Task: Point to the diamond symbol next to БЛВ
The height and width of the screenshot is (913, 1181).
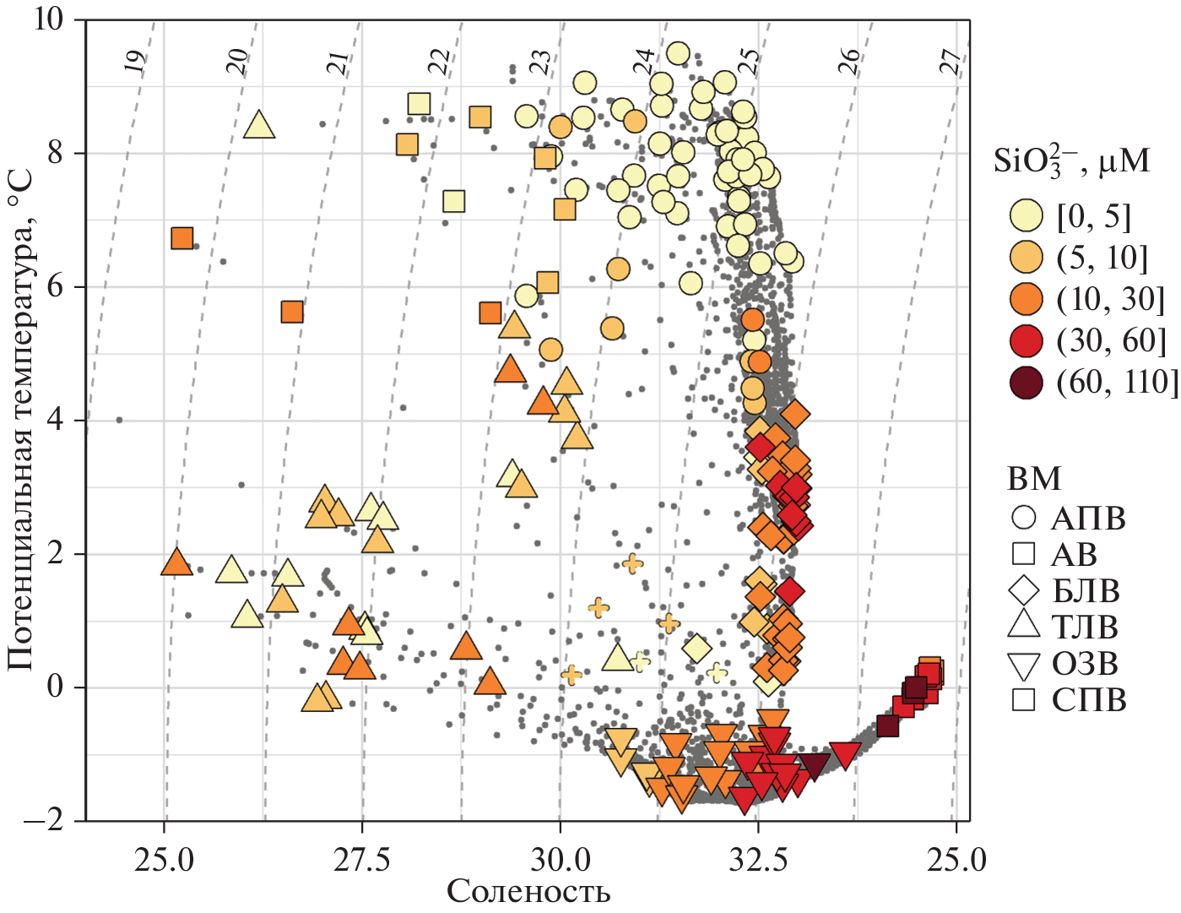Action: [x=1024, y=590]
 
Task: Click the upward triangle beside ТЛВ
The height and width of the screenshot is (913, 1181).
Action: [x=1024, y=626]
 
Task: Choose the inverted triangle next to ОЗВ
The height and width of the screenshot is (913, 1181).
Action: [x=1024, y=665]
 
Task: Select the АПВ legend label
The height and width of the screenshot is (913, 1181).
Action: [x=1088, y=518]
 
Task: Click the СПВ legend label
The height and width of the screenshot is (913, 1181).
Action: [x=1089, y=700]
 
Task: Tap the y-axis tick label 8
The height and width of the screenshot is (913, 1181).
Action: [x=55, y=153]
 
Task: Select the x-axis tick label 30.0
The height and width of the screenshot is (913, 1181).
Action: [x=560, y=860]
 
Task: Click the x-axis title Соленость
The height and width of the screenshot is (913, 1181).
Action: [x=528, y=891]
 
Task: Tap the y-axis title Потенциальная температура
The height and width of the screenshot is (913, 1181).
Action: [x=20, y=420]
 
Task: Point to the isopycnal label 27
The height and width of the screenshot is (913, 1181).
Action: [x=952, y=62]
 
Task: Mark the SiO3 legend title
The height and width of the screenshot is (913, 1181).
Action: [x=1071, y=159]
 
